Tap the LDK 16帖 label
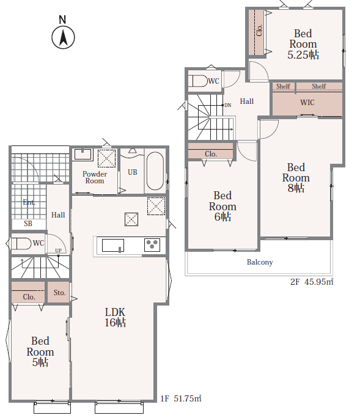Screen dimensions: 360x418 [x=115, y=317]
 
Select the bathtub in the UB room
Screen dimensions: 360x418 [x=155, y=171]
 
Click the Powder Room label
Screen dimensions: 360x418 [x=95, y=177]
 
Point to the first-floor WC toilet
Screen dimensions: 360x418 [x=21, y=243]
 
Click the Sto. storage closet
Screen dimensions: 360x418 [x=59, y=292]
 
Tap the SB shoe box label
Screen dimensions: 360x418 [x=28, y=224]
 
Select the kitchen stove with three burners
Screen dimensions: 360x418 [x=152, y=244]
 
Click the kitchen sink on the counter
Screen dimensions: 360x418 [x=113, y=245]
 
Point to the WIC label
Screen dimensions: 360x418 [x=307, y=103]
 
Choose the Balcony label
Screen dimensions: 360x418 [x=260, y=262]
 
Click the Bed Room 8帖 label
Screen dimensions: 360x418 [x=296, y=178]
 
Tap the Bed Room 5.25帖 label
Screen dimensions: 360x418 [x=303, y=44]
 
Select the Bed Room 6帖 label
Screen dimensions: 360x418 [x=222, y=206]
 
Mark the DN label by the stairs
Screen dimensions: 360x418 [x=228, y=105]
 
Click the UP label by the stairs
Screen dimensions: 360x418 [x=58, y=251]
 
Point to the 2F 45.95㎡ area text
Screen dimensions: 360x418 [x=312, y=282]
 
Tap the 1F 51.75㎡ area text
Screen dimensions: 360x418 [x=181, y=398]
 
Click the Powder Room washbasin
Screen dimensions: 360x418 [x=83, y=154]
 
